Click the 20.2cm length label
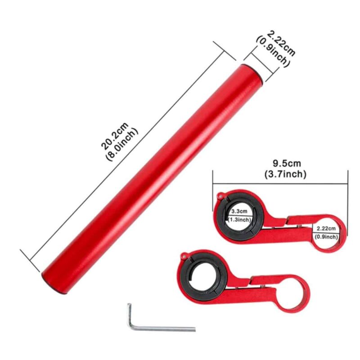[115, 136]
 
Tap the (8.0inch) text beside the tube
[122, 144]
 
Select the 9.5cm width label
[287, 163]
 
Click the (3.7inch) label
[285, 174]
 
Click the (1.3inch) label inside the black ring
[239, 220]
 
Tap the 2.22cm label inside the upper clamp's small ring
[326, 229]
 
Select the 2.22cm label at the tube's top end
[282, 43]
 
